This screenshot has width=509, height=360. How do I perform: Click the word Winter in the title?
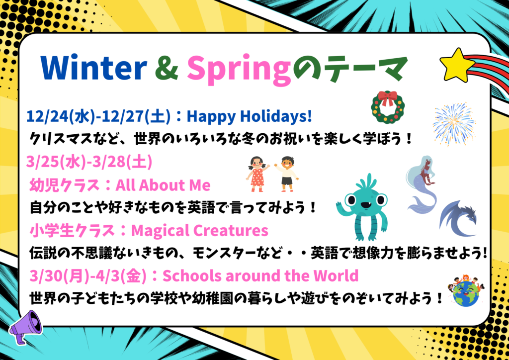pos(94,68)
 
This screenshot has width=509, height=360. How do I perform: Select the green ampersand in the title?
pos(167,68)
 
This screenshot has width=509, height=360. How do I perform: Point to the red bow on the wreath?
pos(388,98)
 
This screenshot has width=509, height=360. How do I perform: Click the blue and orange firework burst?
pos(454,124)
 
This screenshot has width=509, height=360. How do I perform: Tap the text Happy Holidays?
pos(249,116)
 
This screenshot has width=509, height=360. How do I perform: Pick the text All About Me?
pos(163,185)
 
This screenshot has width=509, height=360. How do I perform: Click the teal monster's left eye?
pos(351,200)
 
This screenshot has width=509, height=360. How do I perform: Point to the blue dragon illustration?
pos(458,218)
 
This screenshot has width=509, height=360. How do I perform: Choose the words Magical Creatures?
pos(200,231)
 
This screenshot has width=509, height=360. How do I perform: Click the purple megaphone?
pos(25,326)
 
